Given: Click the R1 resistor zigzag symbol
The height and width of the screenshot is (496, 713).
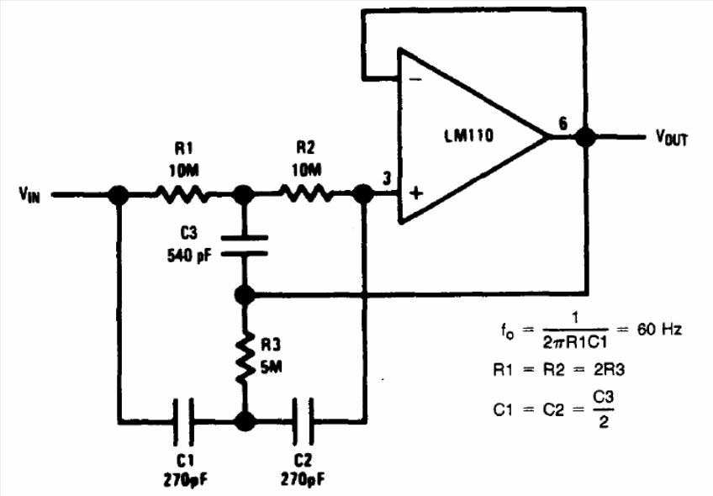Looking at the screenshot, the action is tap(182, 194).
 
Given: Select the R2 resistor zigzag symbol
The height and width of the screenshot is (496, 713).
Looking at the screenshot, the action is tap(306, 193).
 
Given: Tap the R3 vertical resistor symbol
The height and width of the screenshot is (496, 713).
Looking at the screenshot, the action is tap(246, 357).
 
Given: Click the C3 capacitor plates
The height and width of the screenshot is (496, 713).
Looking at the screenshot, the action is tap(245, 245).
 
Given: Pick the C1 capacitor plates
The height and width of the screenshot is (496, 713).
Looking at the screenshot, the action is tap(183, 421).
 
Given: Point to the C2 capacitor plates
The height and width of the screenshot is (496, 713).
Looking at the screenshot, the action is tap(303, 421).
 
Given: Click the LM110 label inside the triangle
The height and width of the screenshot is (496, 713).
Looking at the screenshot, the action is tap(468, 135).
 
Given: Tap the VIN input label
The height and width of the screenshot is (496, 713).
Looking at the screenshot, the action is tap(29, 194).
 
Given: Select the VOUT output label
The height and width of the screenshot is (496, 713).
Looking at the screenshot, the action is tap(671, 137).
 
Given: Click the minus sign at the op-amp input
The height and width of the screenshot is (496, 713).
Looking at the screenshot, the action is tap(415, 80).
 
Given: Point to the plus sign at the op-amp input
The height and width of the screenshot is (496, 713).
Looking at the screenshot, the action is tap(415, 193).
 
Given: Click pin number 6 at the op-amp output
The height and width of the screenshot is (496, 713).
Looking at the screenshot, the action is tap(563, 124).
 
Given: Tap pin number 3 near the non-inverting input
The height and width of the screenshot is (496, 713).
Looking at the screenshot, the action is tap(387, 179).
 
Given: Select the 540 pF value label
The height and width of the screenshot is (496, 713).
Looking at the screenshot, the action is tap(189, 256).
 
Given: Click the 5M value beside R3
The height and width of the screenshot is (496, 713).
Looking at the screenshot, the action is tap(272, 367).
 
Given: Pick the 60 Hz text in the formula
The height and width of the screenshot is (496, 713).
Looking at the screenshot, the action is tap(659, 329).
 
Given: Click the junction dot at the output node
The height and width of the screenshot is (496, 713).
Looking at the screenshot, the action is tap(585, 137).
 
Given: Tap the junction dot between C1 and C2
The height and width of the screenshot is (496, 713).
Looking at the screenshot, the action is tap(246, 421).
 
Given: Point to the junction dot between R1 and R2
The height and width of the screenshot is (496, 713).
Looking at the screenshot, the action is tap(243, 194).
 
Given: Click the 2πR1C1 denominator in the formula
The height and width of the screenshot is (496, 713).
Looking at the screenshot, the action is tap(575, 342).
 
